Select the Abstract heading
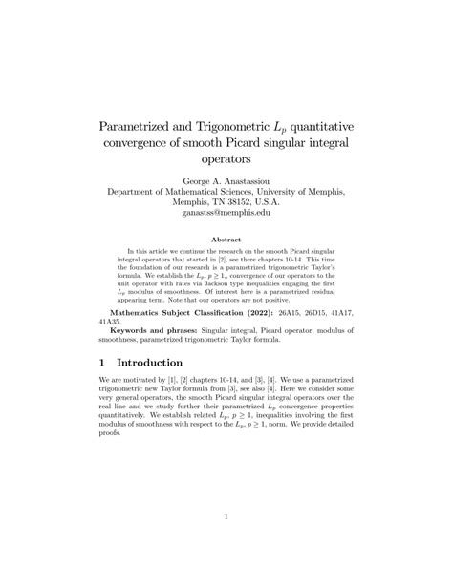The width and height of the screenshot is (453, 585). click(x=226, y=240)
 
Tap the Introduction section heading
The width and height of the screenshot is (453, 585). click(x=170, y=363)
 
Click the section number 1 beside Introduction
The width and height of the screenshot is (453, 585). click(x=102, y=363)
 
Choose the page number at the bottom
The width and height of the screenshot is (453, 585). click(x=226, y=517)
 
